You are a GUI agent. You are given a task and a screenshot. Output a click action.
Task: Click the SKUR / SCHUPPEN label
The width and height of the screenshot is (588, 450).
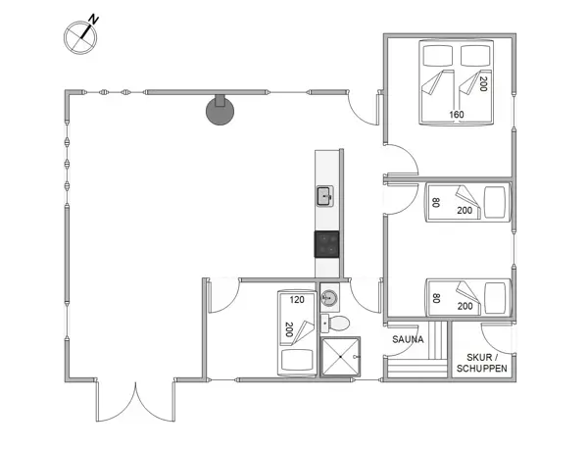point(481,362)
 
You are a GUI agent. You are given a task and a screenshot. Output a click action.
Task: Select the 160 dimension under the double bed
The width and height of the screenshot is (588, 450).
point(456,115)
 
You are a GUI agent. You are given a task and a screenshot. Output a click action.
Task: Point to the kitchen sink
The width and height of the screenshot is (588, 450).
point(325,196)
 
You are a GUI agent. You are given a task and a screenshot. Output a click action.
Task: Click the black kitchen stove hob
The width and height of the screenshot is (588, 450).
point(326,242)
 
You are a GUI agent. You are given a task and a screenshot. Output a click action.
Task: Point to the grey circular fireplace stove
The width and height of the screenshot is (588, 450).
point(220,110)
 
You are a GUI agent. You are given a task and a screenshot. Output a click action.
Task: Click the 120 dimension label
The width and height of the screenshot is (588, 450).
point(298,299)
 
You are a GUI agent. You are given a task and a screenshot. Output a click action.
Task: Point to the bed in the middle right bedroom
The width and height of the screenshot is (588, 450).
point(467,204)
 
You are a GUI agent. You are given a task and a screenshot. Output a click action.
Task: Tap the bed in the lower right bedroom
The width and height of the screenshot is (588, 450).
point(467,297)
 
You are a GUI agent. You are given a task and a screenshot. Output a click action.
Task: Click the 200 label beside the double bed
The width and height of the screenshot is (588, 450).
point(483,84)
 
